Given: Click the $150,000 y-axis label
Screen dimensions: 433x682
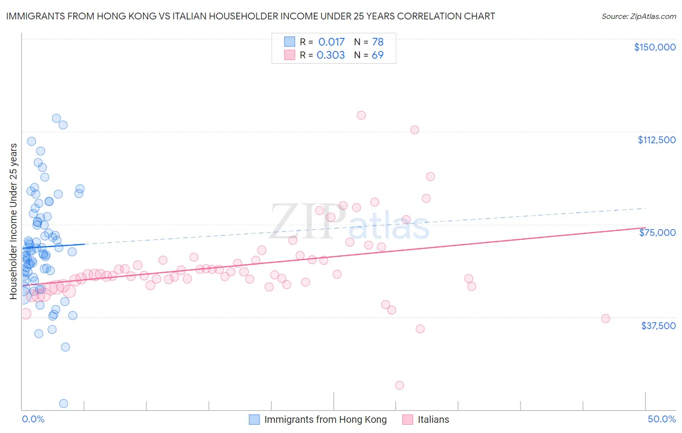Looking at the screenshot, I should (x=654, y=47).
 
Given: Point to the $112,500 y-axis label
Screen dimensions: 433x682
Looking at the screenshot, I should (x=656, y=140).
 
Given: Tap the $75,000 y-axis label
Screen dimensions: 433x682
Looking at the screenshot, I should (x=657, y=233).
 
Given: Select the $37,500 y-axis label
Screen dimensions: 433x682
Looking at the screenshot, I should (x=658, y=326).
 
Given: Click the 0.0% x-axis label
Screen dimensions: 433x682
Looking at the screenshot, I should (x=33, y=419).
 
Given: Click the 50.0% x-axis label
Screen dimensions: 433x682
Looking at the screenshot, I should (x=662, y=419).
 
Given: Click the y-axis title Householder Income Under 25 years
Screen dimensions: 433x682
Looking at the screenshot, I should (x=14, y=221).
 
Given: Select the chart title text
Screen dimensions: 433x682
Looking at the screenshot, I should (x=250, y=16).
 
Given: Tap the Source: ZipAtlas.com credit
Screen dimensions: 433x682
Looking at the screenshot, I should (x=638, y=17).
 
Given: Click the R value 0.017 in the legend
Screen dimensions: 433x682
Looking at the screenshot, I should (x=331, y=42).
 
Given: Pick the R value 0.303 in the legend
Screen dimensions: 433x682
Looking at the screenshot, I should (x=330, y=55).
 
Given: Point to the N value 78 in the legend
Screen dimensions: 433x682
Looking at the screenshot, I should (x=377, y=42).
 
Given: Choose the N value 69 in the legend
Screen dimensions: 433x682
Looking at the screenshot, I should (x=377, y=55).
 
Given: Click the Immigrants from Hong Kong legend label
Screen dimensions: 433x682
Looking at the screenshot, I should (x=325, y=419).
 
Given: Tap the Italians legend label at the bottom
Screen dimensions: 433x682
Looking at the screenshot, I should (x=433, y=419).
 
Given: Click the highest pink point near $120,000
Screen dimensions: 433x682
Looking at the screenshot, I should (x=361, y=116).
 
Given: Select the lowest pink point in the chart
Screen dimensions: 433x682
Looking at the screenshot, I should (x=399, y=385).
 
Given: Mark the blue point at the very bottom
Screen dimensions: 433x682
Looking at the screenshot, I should (x=63, y=403).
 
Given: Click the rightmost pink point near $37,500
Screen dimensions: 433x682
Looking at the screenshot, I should (x=605, y=318).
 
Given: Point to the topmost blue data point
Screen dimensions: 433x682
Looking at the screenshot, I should (x=56, y=118).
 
